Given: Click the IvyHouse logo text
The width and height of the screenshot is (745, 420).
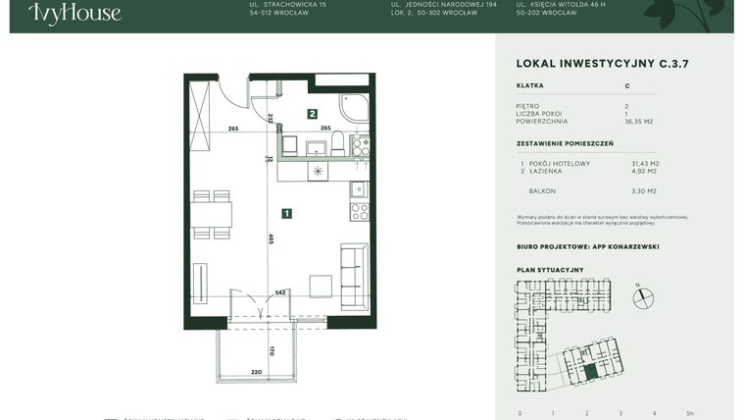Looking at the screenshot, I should coord(74,13).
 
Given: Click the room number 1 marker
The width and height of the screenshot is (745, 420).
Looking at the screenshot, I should coord(285,212).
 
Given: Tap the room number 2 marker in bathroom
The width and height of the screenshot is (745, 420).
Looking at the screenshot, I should coord(312,114).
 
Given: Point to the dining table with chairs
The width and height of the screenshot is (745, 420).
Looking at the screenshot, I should coord(211,214).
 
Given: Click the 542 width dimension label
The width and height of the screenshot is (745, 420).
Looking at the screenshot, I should coord(280,292).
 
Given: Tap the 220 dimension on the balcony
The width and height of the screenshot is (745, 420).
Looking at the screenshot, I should coord(229,373).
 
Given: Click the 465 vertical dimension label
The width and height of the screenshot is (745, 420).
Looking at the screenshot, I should coord(271,238).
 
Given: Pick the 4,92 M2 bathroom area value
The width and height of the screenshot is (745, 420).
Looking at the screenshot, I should coord(643,171).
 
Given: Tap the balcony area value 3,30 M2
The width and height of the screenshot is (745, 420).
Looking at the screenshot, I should coord(643,191).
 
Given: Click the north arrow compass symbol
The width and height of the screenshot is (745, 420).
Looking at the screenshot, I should coord(642,297).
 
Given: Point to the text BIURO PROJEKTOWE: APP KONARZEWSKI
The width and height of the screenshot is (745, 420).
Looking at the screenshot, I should coord(587,247).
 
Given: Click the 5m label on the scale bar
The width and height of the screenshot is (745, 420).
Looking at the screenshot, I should coord(690,413).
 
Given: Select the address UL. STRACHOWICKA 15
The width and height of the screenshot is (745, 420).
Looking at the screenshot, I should coord(288,5).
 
